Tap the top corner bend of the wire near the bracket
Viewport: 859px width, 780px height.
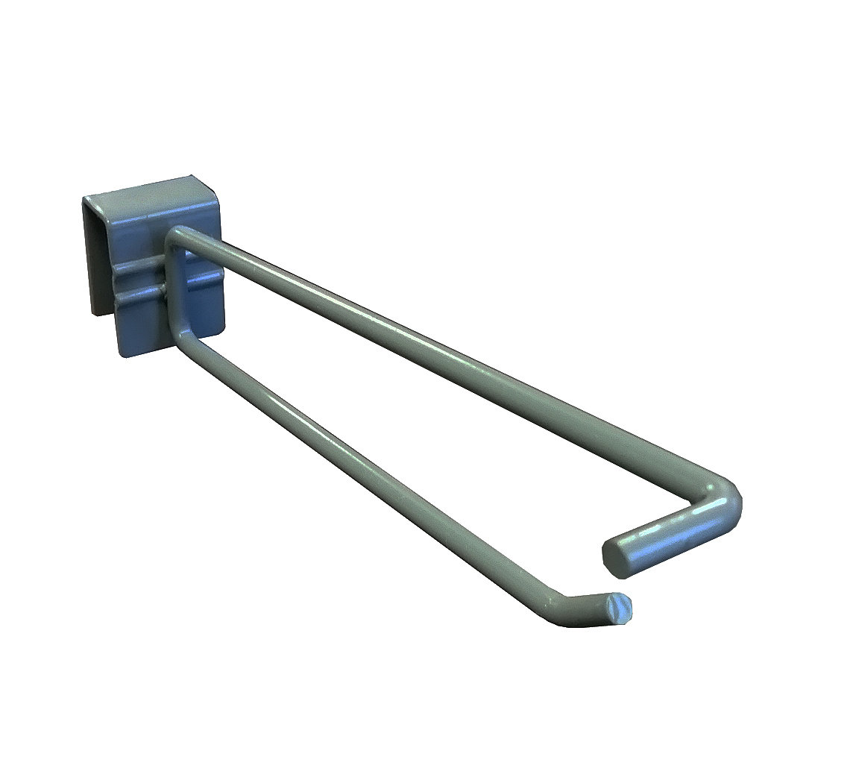pos(176,237)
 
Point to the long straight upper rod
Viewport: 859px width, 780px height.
pos(447,365)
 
